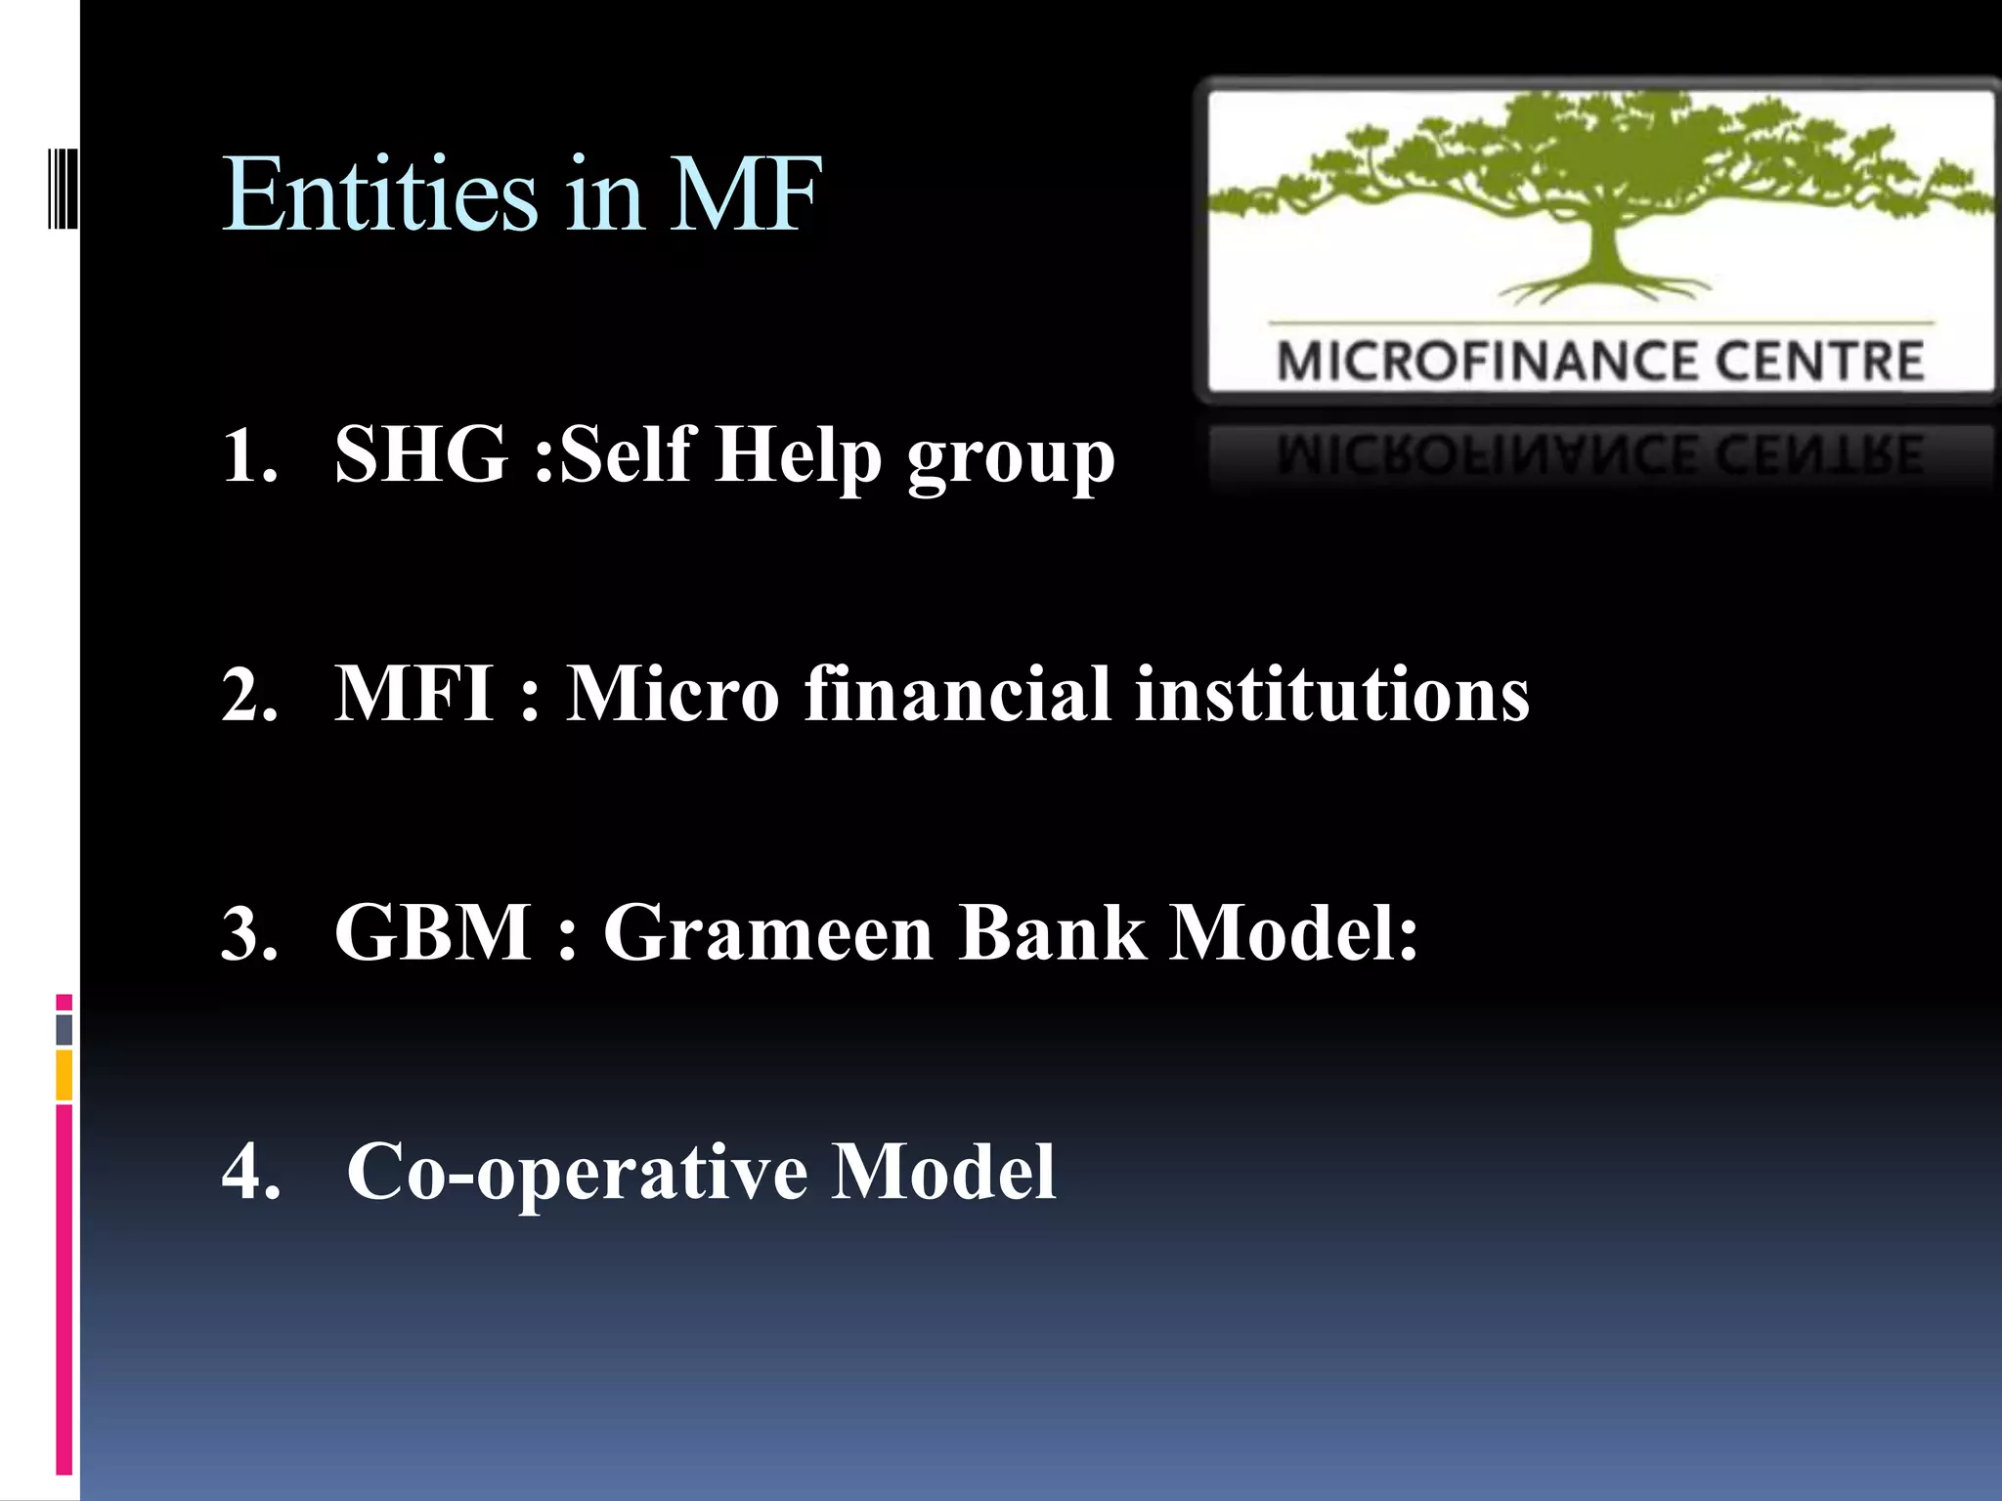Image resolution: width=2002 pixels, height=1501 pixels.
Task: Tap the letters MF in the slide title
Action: (x=745, y=195)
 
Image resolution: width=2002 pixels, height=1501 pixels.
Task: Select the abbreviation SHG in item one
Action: (x=421, y=454)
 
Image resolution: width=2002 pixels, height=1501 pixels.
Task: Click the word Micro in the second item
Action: (x=673, y=694)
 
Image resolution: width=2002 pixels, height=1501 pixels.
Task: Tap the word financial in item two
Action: (x=958, y=694)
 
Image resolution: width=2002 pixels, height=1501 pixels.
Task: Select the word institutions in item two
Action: (x=1331, y=694)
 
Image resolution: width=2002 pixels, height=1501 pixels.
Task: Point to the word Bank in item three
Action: (x=1052, y=932)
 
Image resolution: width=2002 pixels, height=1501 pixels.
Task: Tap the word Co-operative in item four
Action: (x=578, y=1173)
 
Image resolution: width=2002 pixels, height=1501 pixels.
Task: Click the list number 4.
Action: (x=250, y=1173)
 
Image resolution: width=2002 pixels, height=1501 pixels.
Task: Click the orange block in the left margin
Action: (x=65, y=1075)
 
